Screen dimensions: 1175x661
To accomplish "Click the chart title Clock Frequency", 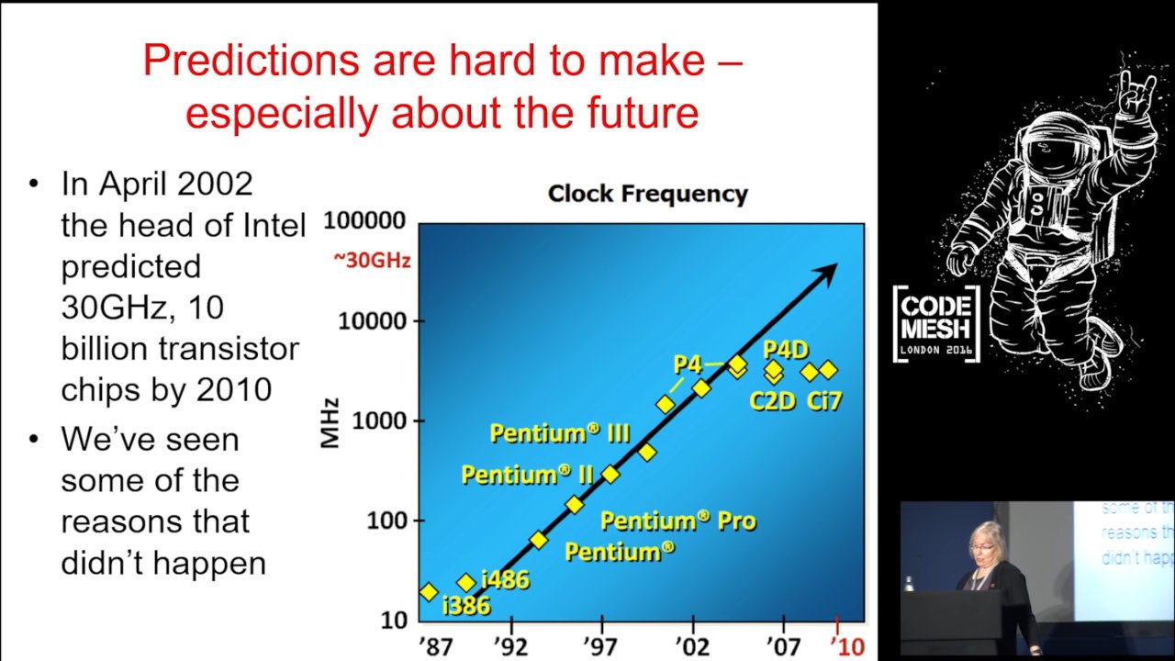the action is click(647, 194).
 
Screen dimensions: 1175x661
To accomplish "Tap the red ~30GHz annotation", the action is click(372, 260).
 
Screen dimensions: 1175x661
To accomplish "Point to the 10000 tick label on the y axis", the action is click(373, 320).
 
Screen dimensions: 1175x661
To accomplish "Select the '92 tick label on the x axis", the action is click(511, 646).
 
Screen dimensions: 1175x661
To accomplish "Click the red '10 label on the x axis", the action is click(847, 646).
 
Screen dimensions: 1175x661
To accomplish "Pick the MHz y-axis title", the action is click(330, 423).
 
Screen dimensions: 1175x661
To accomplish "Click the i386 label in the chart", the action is click(465, 606).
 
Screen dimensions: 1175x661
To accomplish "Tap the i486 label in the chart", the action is click(505, 579).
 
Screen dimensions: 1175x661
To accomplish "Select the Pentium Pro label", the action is click(677, 521).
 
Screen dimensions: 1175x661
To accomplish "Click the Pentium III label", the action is click(560, 433).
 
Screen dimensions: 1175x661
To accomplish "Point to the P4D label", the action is click(785, 350).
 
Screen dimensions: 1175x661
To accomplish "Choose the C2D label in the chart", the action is click(773, 401).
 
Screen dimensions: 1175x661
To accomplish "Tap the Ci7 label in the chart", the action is click(823, 401).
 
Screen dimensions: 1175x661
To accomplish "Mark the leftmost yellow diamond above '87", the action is click(429, 592).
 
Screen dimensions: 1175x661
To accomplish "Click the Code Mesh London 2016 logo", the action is click(936, 324).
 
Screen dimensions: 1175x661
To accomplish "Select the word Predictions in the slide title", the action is click(251, 61).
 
